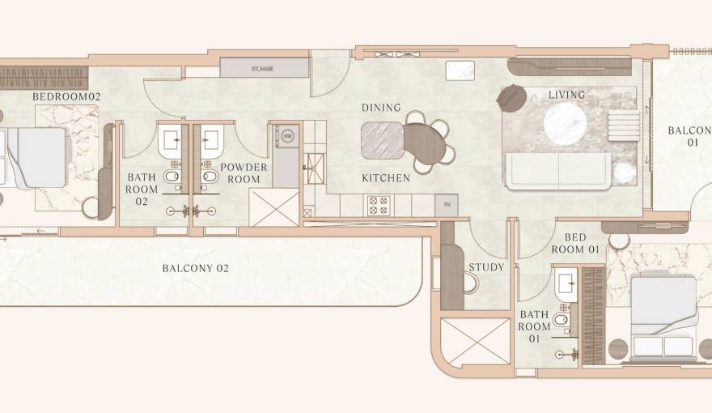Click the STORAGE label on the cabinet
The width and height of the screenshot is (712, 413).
263,69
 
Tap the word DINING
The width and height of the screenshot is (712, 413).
381,108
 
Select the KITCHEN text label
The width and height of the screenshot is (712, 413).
386,177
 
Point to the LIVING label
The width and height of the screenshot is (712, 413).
566,95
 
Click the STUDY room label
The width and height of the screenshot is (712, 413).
486,266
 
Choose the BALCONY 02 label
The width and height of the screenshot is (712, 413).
196,268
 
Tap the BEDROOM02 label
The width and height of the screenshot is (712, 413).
66,96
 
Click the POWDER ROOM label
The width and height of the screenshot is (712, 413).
244,173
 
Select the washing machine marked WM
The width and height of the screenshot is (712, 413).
287,136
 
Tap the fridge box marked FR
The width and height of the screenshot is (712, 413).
447,206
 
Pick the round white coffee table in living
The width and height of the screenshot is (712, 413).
566,124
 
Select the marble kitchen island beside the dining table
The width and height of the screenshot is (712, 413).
382,140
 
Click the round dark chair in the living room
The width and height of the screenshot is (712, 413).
511,98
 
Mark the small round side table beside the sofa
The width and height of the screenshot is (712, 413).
623,172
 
